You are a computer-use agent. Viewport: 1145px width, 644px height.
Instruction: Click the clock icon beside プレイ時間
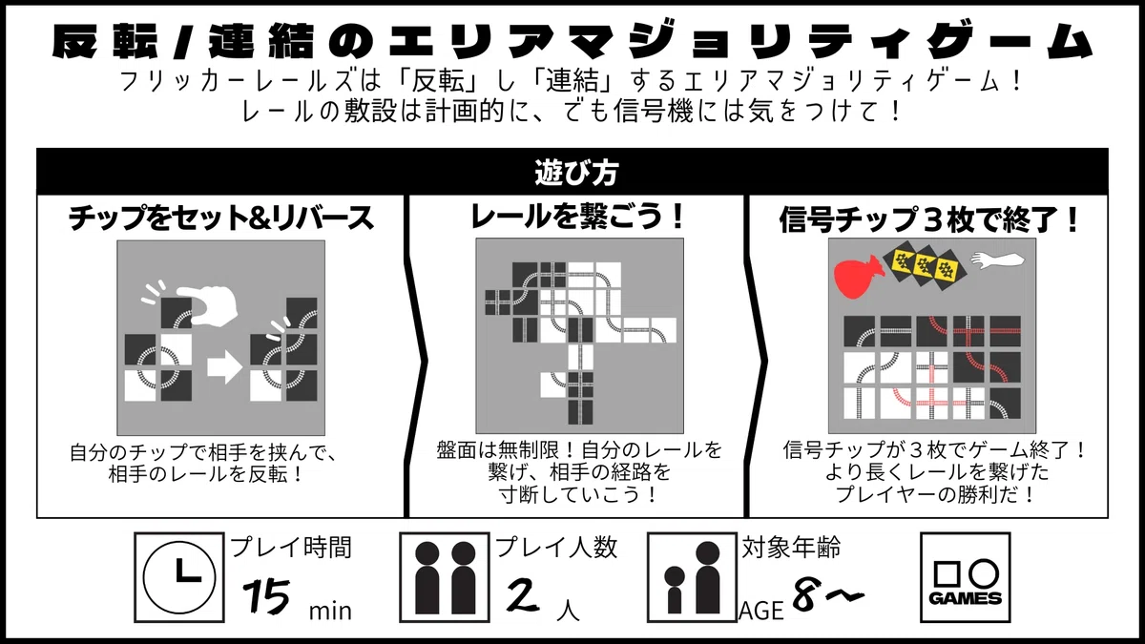179,577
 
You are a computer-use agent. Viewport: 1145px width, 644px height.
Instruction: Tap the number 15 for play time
267,596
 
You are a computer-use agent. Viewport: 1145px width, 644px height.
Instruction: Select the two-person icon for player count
445,577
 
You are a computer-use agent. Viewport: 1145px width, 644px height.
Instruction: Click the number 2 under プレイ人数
523,595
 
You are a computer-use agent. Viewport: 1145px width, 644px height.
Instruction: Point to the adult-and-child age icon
692,577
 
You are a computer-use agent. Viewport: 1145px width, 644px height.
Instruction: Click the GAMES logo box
966,577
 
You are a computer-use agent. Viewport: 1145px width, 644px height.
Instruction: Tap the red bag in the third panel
856,278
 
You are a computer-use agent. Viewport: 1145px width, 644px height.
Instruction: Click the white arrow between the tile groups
225,366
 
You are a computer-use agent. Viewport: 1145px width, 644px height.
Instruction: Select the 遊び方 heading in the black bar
576,173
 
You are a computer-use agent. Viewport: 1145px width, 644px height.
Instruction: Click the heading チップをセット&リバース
220,218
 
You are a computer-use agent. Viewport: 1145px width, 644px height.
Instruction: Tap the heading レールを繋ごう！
577,217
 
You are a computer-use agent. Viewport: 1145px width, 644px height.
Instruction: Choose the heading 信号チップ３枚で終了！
928,219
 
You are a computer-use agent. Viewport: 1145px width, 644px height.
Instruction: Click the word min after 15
330,611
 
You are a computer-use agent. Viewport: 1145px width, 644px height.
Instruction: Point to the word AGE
761,611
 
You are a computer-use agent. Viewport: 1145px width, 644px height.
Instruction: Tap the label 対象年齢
791,548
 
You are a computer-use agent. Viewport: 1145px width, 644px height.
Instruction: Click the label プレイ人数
556,548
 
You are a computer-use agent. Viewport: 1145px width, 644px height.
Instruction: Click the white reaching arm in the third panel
998,260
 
